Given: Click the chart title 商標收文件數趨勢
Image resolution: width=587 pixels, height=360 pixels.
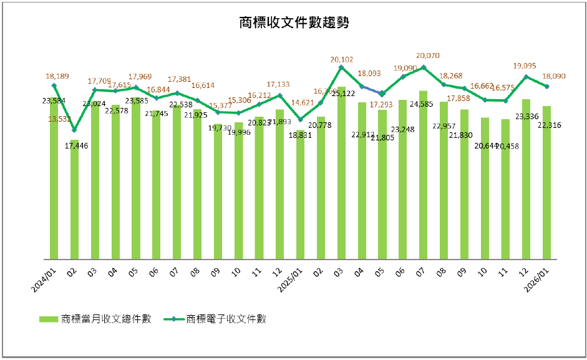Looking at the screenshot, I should [293, 24].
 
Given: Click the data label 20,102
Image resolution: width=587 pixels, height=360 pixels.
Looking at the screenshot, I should [341, 60].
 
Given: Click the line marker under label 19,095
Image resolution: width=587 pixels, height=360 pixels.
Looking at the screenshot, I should [526, 77].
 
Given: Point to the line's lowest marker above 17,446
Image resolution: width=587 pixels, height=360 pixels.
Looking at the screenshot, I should [74, 130].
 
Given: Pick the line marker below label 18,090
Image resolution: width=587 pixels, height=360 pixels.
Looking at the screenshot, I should [547, 87].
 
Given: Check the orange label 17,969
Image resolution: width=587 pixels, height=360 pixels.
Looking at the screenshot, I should [140, 77].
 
